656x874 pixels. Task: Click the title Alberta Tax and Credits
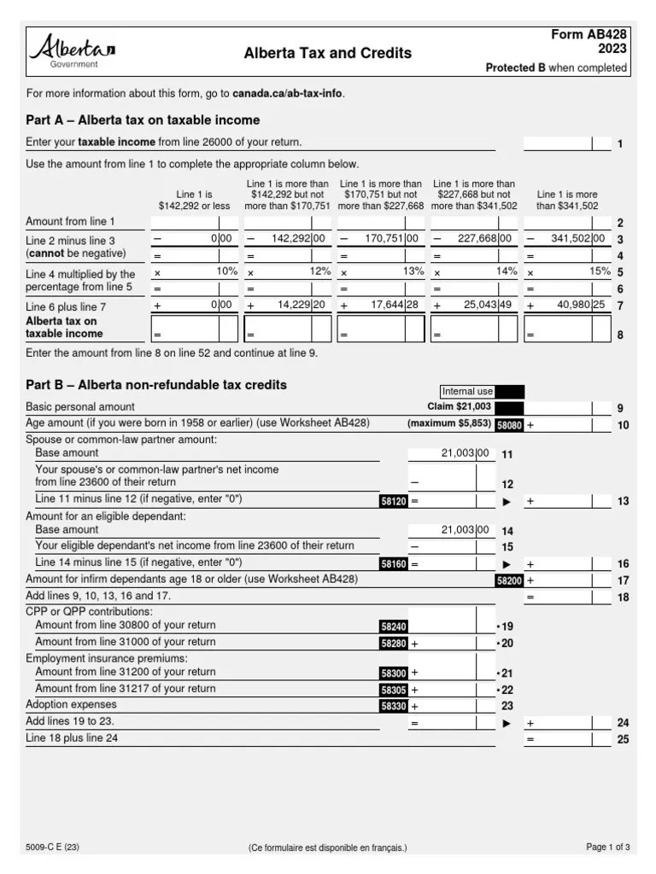(x=327, y=53)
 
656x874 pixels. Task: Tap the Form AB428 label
(x=589, y=34)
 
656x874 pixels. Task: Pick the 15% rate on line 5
(x=599, y=271)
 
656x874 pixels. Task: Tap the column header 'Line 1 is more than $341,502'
(x=567, y=200)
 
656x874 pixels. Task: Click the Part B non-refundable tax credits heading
(x=156, y=385)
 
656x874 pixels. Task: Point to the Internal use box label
(x=467, y=392)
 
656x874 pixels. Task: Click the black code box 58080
(x=509, y=424)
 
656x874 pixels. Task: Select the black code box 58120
(x=394, y=502)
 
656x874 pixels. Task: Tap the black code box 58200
(x=509, y=580)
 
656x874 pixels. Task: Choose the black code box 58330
(x=394, y=706)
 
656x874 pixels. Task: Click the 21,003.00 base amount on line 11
(x=466, y=453)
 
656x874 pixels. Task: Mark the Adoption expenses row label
(x=72, y=704)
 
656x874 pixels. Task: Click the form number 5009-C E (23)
(x=53, y=848)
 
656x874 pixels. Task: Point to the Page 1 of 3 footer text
(x=607, y=848)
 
